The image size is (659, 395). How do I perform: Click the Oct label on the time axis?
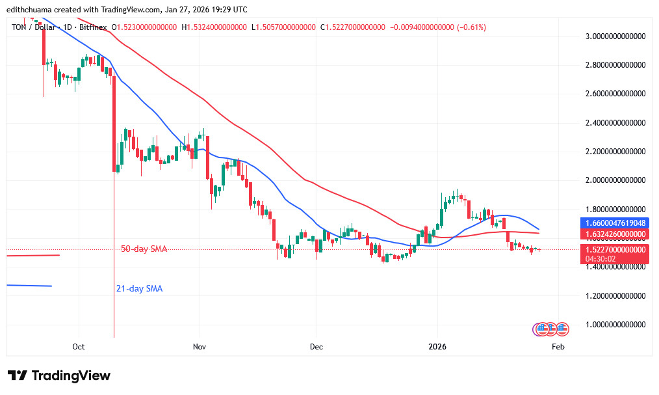(79, 347)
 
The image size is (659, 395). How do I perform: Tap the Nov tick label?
(199, 347)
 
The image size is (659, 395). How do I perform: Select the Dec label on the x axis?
(316, 347)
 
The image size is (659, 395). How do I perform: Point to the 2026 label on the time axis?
(437, 347)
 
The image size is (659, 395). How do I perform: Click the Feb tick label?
(558, 347)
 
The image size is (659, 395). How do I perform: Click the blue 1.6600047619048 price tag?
(614, 223)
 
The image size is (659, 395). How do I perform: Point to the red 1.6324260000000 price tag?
(614, 234)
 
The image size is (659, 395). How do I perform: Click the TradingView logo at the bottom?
(59, 375)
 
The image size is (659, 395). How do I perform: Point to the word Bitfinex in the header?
(94, 27)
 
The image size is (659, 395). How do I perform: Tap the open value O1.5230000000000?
(146, 27)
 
